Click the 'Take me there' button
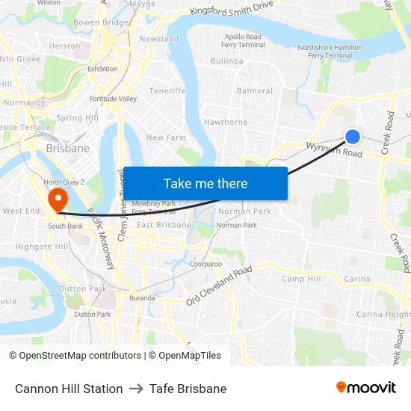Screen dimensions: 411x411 click(205, 184)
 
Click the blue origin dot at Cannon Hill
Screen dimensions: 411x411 click(353, 137)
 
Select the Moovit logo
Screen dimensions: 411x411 click(365, 388)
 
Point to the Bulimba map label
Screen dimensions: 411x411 click(227, 61)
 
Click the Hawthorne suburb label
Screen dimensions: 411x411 click(226, 122)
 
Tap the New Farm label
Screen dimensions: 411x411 click(166, 138)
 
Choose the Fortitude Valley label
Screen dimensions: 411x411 click(113, 99)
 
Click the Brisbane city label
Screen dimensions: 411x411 click(68, 148)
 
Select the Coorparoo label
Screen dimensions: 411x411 click(205, 264)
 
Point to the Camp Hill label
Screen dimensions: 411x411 click(301, 279)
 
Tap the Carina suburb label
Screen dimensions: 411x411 click(357, 279)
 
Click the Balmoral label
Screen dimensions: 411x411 click(255, 91)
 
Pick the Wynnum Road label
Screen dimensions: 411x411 click(333, 150)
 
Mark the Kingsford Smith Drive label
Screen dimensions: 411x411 click(232, 9)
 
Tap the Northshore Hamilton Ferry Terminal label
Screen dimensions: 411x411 click(330, 52)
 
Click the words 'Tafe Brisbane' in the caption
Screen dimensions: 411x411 click(188, 389)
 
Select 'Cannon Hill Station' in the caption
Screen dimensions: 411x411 click(69, 389)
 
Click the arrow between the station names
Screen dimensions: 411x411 click(136, 389)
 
